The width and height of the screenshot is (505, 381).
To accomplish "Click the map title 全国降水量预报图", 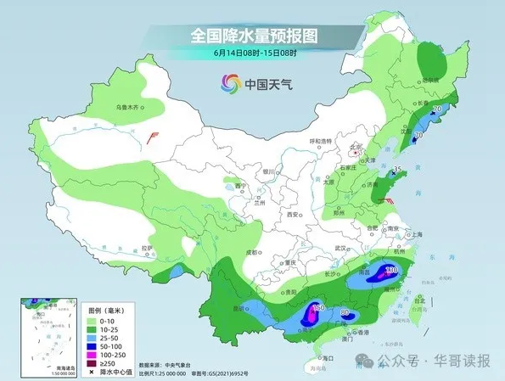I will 253,36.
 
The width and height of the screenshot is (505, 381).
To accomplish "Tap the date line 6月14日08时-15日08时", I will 254,54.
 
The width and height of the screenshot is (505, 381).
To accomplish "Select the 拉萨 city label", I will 147,248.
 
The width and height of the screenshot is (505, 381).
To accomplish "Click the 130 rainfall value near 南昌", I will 390,270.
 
